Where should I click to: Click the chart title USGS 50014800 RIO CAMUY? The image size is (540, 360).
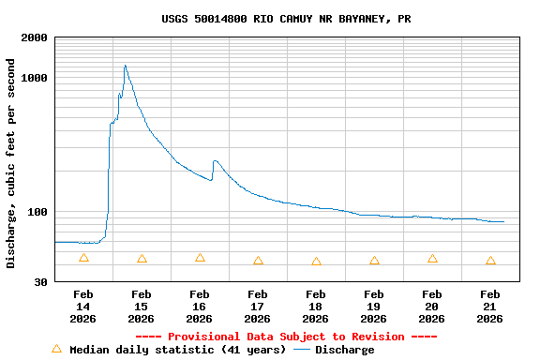pos(286,19)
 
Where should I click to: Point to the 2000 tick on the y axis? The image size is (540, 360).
pos(36,37)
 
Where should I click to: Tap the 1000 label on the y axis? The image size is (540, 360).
pos(36,78)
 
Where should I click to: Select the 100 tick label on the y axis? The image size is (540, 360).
pos(38,212)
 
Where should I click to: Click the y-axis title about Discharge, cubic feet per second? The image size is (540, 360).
pos(11,163)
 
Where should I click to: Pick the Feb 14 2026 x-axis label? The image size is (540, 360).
pos(83,307)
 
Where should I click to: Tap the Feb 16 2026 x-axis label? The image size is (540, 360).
pos(200,307)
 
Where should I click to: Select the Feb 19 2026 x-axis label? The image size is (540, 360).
pos(374,307)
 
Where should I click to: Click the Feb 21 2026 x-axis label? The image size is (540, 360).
pos(490,307)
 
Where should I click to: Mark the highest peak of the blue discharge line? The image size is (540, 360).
pos(125,66)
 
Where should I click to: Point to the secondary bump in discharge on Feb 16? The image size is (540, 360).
pos(215,161)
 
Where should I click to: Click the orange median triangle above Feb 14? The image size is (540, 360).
pos(83,258)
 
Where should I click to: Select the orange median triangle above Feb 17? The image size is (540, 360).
pos(258,261)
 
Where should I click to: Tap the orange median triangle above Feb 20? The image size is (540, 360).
pos(432,259)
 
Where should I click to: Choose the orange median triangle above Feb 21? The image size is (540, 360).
pos(490,261)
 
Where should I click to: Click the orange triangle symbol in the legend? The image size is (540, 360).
pos(56,349)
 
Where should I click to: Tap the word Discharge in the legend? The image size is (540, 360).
pos(344,350)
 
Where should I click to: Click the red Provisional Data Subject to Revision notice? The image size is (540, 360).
pos(286,337)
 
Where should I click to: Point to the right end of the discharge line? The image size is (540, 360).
pos(503,221)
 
